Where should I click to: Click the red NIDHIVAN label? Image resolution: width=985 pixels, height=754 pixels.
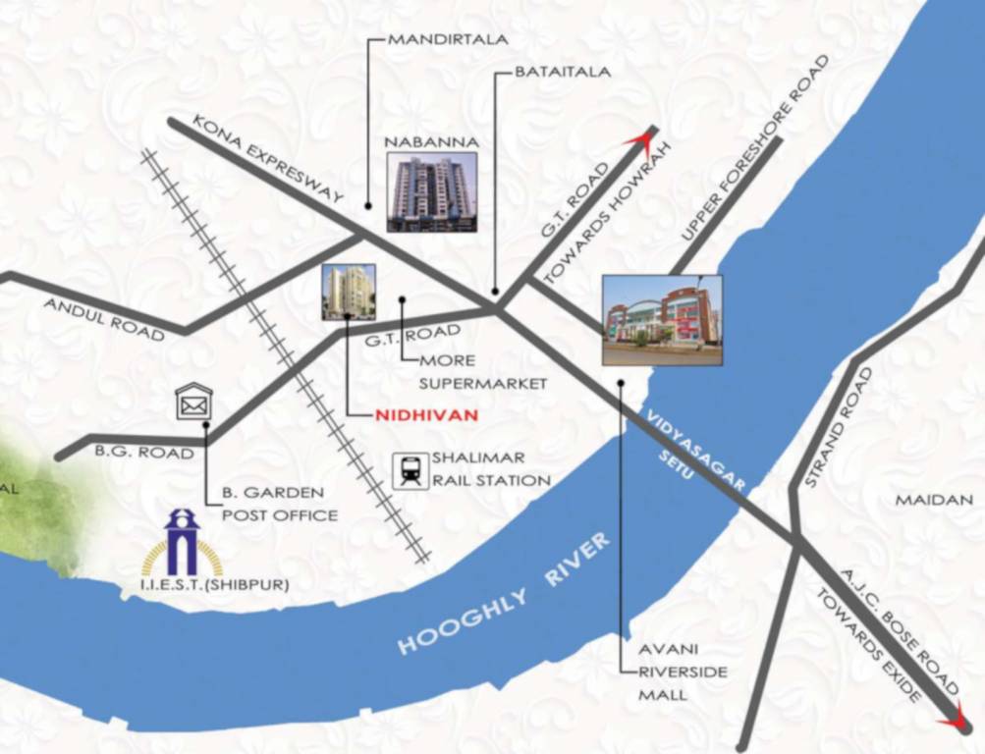[426, 415]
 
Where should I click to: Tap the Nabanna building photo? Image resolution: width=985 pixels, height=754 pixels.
[431, 191]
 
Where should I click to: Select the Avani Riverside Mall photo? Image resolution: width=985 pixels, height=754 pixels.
[661, 320]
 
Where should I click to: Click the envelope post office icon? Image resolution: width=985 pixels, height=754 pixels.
[193, 402]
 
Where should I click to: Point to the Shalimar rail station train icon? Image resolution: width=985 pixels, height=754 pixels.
[410, 471]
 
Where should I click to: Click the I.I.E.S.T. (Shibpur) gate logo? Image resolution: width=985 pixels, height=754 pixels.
[183, 542]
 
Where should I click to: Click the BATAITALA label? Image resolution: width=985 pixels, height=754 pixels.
[563, 72]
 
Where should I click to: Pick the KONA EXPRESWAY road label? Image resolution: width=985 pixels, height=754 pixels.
[266, 161]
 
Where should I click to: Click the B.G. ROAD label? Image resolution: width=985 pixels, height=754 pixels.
[131, 453]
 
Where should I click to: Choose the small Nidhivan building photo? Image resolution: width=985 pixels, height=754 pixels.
[349, 292]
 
